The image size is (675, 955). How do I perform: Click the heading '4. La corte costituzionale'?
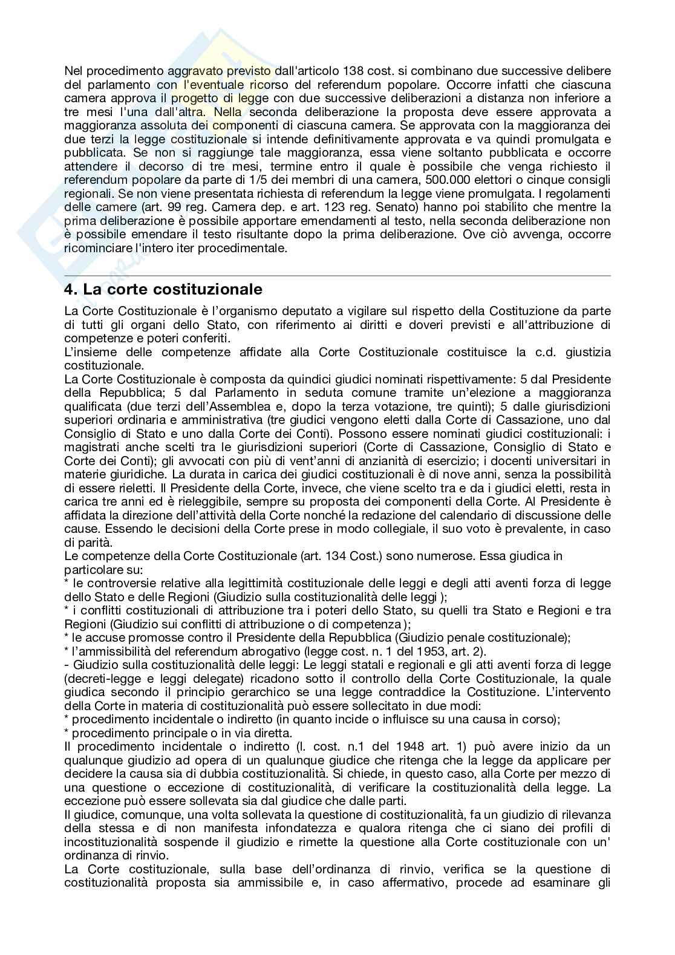tap(163, 290)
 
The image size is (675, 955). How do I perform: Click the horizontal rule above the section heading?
tap(337, 275)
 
